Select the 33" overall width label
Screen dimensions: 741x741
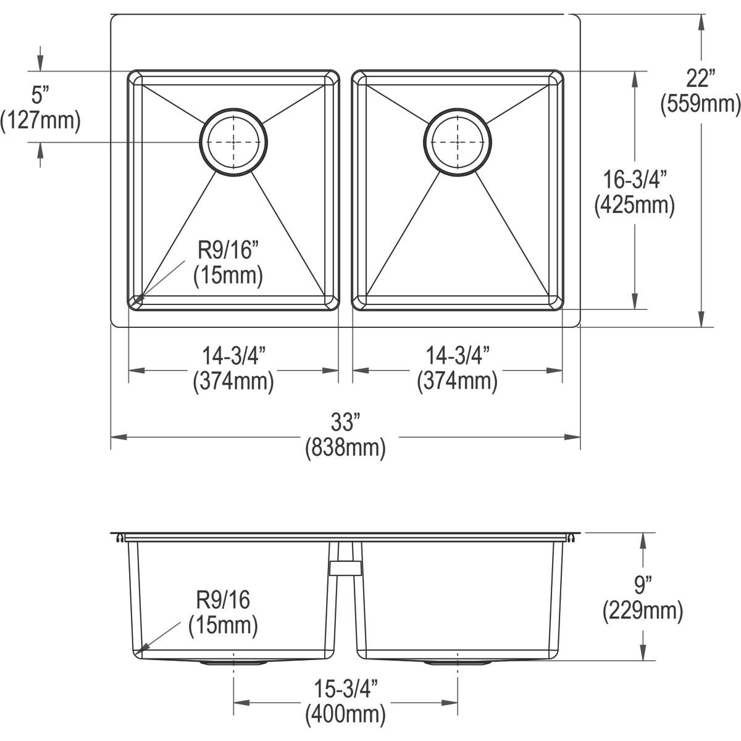tap(345, 424)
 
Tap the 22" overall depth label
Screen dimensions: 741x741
tap(700, 79)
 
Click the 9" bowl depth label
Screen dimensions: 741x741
tap(643, 582)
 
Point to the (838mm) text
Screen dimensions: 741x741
tap(345, 448)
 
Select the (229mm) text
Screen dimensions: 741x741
tap(643, 611)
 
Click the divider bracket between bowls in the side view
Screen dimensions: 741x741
tap(345, 567)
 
